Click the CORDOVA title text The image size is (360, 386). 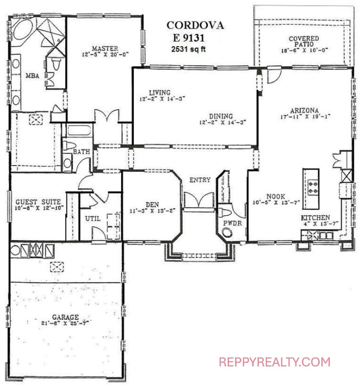pyautogui.click(x=195, y=25)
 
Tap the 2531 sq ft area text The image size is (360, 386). pyautogui.click(x=188, y=49)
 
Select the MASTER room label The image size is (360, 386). pyautogui.click(x=105, y=48)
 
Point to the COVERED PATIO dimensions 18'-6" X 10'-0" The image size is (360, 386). pyautogui.click(x=304, y=50)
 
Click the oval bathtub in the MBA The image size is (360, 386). pyautogui.click(x=23, y=29)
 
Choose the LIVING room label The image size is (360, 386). pyautogui.click(x=160, y=93)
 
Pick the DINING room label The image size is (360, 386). pyautogui.click(x=221, y=116)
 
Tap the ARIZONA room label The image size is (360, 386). pyautogui.click(x=304, y=111)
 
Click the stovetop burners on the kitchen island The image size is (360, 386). pyautogui.click(x=312, y=187)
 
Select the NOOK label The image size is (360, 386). pyautogui.click(x=276, y=197)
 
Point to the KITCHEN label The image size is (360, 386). pyautogui.click(x=316, y=218)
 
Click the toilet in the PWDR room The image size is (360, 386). pyautogui.click(x=224, y=213)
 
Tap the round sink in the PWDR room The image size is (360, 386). pyautogui.click(x=227, y=232)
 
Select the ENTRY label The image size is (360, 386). pyautogui.click(x=200, y=180)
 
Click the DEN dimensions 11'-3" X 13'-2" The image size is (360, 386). pyautogui.click(x=152, y=211)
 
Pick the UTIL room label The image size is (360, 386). pyautogui.click(x=93, y=218)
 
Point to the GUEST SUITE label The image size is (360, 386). pyautogui.click(x=38, y=202)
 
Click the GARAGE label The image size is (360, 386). pyautogui.click(x=65, y=317)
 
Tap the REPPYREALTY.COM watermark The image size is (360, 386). pyautogui.click(x=274, y=362)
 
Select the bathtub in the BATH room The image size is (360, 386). pyautogui.click(x=79, y=131)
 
